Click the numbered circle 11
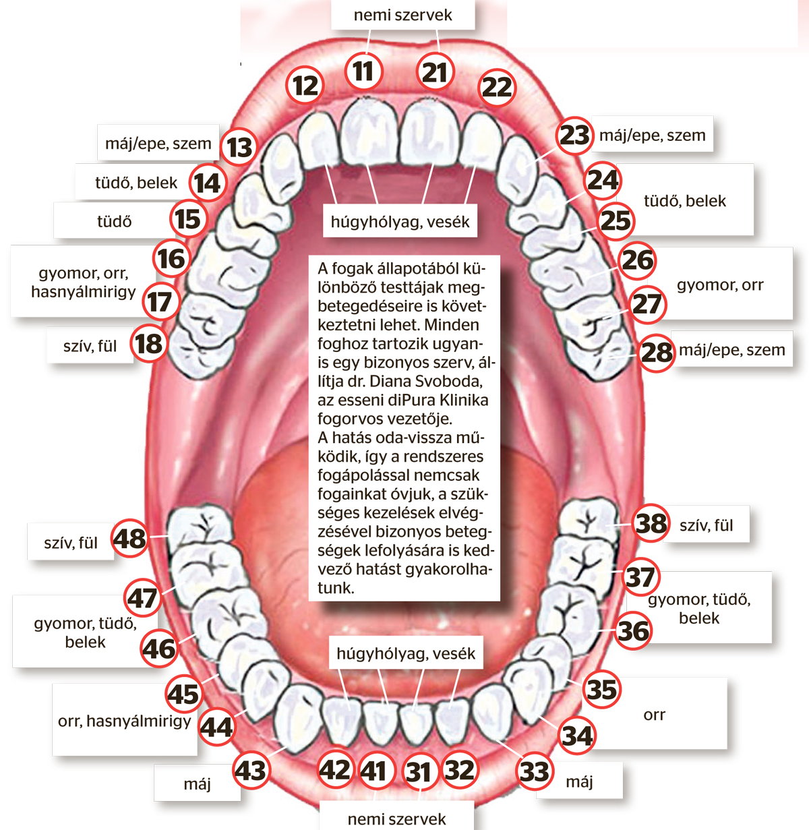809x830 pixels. coord(363,71)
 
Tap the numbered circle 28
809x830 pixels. coord(657,353)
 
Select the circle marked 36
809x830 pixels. coord(633,631)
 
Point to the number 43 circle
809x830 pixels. coord(251,770)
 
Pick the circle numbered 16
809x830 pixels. coord(171,258)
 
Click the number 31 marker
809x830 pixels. coord(419,772)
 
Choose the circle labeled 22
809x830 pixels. coord(498,88)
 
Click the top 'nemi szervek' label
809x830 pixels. coord(402,16)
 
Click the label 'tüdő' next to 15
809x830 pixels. coord(115,221)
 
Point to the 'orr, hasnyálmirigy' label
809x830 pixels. coord(125,721)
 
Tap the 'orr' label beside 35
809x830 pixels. coord(654,715)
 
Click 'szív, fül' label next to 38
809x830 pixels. coord(707,525)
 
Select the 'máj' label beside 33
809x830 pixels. coord(579,781)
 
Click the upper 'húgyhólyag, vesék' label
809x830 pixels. coord(400,221)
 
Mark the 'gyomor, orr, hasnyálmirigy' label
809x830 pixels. coord(83,282)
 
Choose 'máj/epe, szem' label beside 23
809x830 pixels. coord(653,136)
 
